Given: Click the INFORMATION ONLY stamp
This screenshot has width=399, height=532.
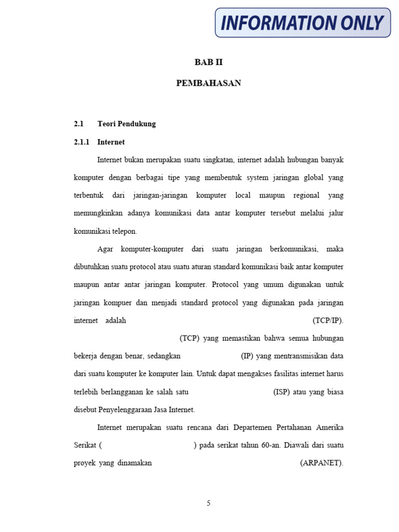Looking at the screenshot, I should pos(302,23).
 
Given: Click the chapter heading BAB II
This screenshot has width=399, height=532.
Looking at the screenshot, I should pos(208,62).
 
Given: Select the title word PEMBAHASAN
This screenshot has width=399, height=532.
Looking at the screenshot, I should pos(208,83).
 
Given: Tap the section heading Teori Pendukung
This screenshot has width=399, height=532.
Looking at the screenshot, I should pos(126,124).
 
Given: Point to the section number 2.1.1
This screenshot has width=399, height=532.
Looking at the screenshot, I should pos(82,142).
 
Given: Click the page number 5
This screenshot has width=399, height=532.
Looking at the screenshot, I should pos(208,503).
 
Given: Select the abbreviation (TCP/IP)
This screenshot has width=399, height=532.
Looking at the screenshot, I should pos(328,321).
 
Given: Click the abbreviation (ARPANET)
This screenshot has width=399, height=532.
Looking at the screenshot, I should pos(322,463).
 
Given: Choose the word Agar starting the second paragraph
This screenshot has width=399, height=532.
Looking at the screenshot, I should pos(105,249).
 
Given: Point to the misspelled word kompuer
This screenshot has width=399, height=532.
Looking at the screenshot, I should pos(116,302).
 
